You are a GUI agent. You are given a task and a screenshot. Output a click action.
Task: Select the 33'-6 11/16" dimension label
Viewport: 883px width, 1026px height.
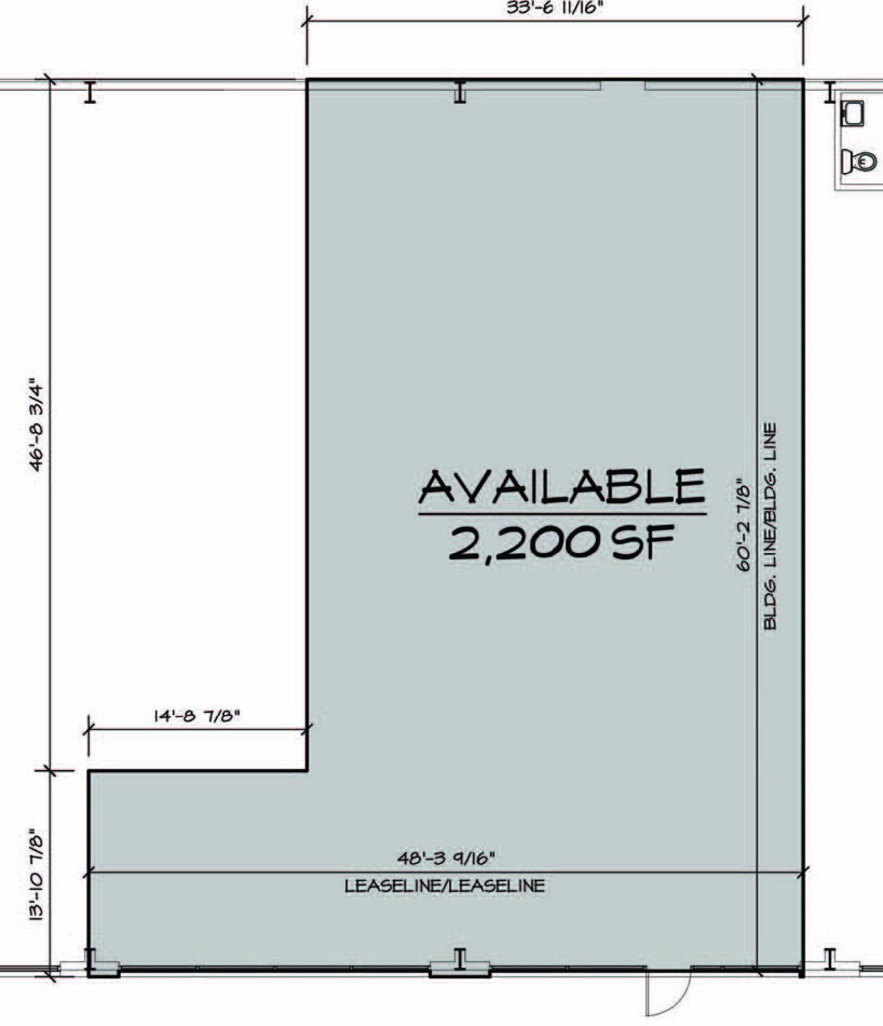(553, 8)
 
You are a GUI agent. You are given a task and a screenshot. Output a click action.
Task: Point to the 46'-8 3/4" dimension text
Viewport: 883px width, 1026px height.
(39, 425)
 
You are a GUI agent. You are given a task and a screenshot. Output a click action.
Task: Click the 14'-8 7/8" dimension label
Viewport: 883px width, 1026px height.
(197, 716)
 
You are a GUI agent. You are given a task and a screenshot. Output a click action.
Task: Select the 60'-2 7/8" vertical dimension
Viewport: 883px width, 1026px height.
(743, 525)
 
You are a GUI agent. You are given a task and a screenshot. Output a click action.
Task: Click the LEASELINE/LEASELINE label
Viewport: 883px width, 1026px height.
(445, 886)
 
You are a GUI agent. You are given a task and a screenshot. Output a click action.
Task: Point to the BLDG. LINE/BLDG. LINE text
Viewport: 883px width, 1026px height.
(770, 526)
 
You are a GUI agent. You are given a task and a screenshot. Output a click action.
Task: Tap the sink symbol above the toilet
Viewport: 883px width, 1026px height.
(853, 113)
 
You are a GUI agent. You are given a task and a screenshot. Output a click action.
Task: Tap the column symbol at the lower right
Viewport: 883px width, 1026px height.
(830, 959)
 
